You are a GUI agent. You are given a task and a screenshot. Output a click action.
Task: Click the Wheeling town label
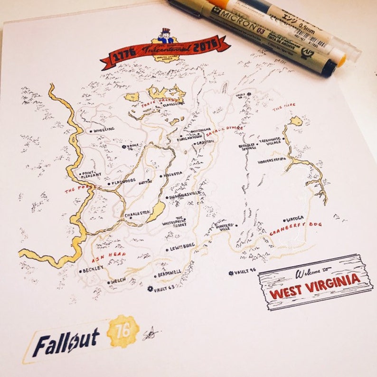[104, 129]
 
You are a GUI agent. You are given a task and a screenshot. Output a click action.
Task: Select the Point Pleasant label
[91, 174]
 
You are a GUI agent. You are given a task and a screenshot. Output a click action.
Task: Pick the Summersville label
[185, 195]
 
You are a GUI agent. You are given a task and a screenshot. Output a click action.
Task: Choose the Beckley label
[93, 270]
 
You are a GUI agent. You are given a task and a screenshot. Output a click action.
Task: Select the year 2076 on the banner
[205, 45]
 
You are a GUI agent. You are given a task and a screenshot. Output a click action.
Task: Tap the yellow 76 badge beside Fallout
[123, 330]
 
